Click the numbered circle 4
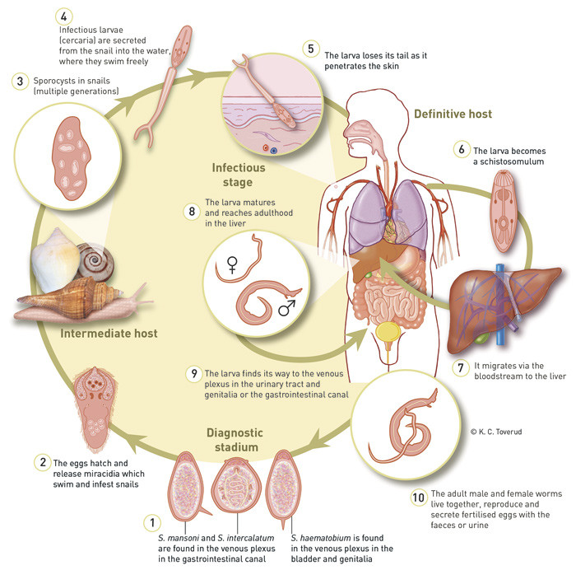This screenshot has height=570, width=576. tap(64, 16)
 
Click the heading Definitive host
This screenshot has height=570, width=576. tap(453, 114)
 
